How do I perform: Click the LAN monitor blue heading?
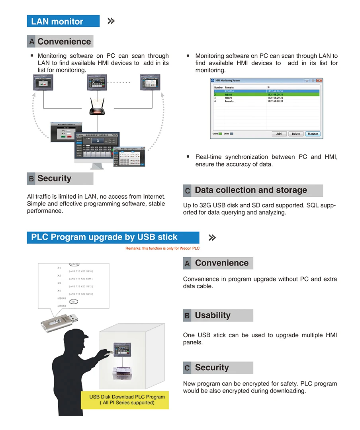coord(63,21)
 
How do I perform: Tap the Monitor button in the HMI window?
coord(313,134)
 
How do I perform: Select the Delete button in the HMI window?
coord(296,134)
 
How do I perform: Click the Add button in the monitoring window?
coord(279,134)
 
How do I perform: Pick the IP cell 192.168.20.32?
coord(275,98)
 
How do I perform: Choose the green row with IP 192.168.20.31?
coord(266,94)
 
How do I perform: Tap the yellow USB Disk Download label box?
coord(125,399)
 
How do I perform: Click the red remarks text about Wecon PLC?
coord(162,248)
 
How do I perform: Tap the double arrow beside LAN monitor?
coord(111,21)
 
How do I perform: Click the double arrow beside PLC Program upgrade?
coord(212,238)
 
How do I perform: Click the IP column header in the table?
coord(268,87)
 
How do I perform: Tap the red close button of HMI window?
coord(319,80)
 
